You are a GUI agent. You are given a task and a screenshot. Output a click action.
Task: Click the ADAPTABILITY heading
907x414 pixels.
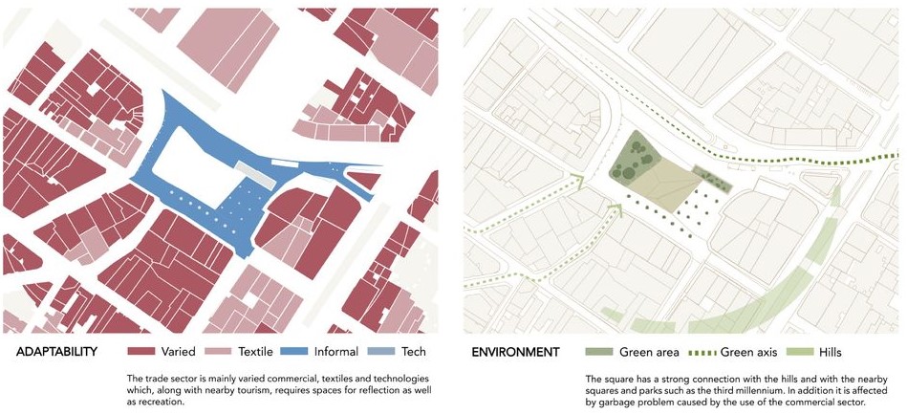tap(56, 352)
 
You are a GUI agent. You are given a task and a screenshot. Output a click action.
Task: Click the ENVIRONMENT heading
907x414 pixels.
tap(515, 352)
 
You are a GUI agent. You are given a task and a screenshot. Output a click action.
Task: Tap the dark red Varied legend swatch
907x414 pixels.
tap(140, 352)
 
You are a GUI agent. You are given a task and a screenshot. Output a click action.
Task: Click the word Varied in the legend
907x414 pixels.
tap(179, 352)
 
